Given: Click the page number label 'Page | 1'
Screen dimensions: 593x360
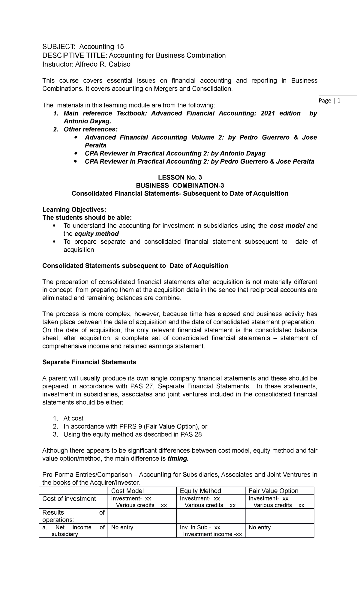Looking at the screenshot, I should tap(330, 101).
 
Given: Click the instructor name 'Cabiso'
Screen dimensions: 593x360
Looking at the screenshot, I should tap(121, 64).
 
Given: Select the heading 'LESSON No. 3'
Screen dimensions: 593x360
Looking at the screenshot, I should tap(180, 177).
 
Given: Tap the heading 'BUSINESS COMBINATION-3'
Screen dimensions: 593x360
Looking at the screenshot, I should tap(180, 185).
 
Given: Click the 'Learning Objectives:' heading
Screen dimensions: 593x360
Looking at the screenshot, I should tap(74, 209).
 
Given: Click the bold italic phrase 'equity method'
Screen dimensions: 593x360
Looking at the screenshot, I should tap(97, 234).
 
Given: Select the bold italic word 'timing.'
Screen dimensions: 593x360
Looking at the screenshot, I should tap(178, 459).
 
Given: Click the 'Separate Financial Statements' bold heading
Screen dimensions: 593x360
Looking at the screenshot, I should tap(89, 362).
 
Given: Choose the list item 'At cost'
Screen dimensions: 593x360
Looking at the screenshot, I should tap(73, 418).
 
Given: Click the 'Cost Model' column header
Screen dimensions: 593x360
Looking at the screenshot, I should tap(127, 491).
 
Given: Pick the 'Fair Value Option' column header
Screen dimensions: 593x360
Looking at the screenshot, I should tap(273, 491).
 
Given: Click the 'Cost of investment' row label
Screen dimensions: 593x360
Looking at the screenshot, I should tap(69, 499).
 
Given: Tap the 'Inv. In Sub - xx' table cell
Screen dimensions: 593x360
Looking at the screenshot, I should tap(200, 528).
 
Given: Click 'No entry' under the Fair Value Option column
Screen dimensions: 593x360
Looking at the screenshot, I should tap(259, 528).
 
